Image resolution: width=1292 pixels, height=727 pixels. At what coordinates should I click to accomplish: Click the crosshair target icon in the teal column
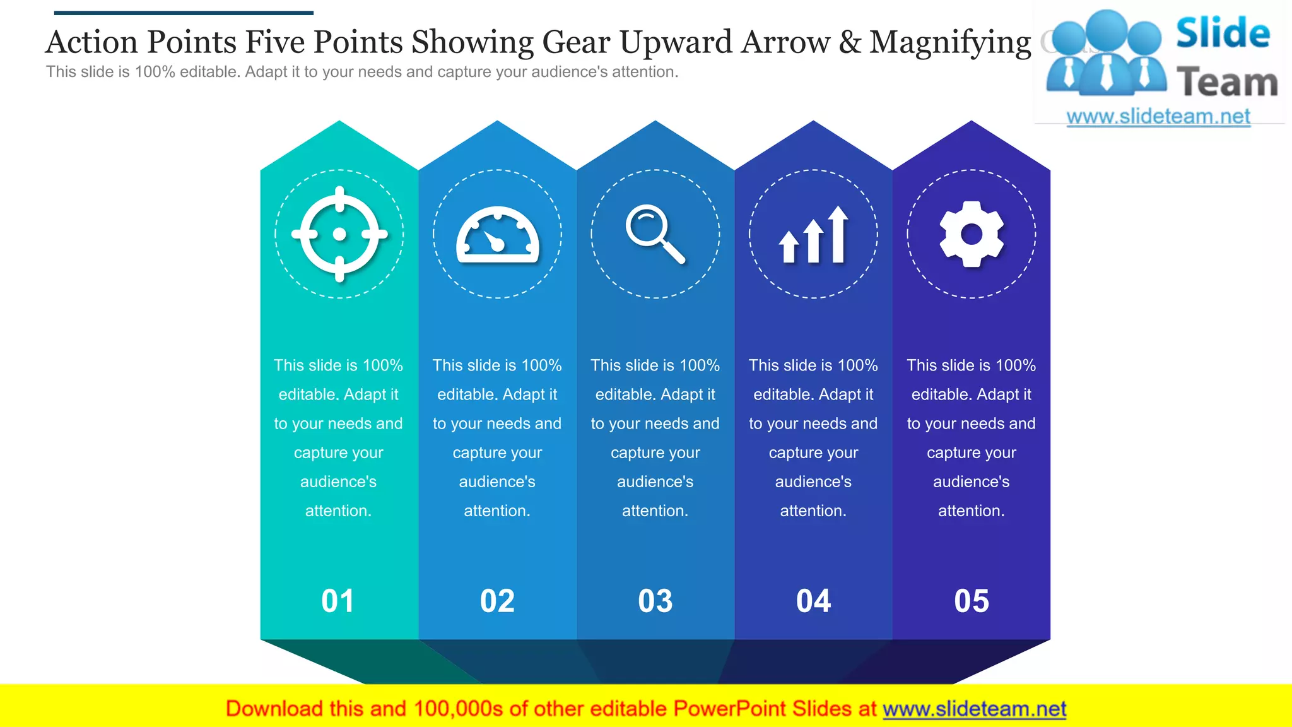[x=339, y=234]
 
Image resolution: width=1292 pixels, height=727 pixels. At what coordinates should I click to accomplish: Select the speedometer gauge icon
[x=498, y=235]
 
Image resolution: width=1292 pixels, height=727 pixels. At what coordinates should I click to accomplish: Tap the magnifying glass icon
[x=655, y=233]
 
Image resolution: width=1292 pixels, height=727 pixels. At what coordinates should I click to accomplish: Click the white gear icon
[x=972, y=234]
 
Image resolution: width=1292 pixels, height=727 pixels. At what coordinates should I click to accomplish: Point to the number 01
[x=338, y=601]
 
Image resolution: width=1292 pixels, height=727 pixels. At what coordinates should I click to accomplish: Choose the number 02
[x=497, y=601]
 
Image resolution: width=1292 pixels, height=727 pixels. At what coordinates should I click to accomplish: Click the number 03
[x=655, y=601]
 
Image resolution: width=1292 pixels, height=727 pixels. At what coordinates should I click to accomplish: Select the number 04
[x=814, y=601]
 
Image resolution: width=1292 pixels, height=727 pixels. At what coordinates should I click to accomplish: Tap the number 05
[x=972, y=601]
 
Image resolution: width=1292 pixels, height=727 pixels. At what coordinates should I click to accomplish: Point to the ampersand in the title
[x=850, y=43]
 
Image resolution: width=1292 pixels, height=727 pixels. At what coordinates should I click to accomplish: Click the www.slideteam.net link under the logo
[x=1158, y=117]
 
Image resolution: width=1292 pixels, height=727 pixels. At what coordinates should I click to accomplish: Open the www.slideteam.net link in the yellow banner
[x=974, y=709]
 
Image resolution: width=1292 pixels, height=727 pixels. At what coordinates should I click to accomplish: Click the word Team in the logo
[x=1227, y=83]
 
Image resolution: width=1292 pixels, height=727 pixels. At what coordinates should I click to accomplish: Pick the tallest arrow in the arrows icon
[x=838, y=234]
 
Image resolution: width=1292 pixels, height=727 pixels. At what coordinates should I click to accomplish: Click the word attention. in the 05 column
[x=972, y=511]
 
